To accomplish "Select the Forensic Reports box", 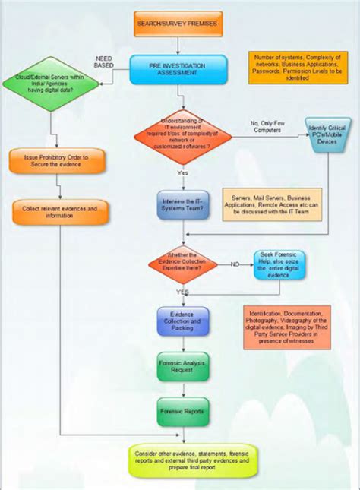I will [182, 411].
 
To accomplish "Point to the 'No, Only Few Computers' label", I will [267, 126].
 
